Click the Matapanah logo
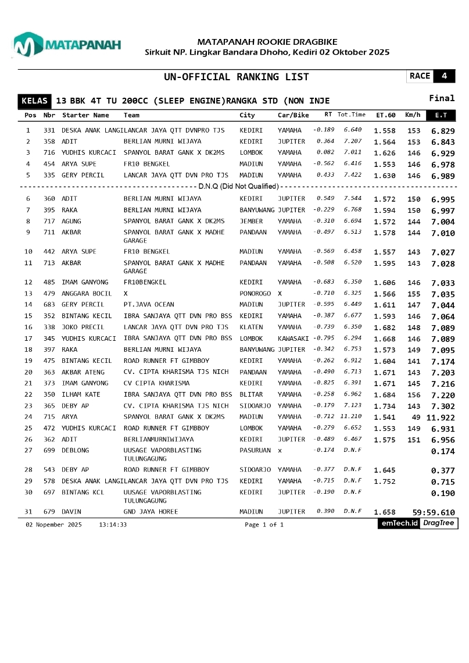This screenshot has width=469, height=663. (67, 45)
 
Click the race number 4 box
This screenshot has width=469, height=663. (444, 76)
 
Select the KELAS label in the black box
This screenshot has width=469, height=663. (34, 101)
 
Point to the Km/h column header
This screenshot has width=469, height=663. (412, 115)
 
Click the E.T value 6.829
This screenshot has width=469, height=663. (443, 131)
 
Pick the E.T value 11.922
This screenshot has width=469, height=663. (441, 418)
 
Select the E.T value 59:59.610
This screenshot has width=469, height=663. (434, 512)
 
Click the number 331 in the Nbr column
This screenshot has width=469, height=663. (49, 131)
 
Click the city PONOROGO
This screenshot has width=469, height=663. (255, 294)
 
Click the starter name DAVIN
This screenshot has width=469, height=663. (71, 512)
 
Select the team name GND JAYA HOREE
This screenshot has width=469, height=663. (151, 512)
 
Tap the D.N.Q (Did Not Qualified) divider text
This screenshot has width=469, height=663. (238, 187)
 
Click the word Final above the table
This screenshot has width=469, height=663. (442, 98)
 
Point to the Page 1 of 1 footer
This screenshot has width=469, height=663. (264, 525)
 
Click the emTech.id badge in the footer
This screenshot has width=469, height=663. (399, 523)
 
